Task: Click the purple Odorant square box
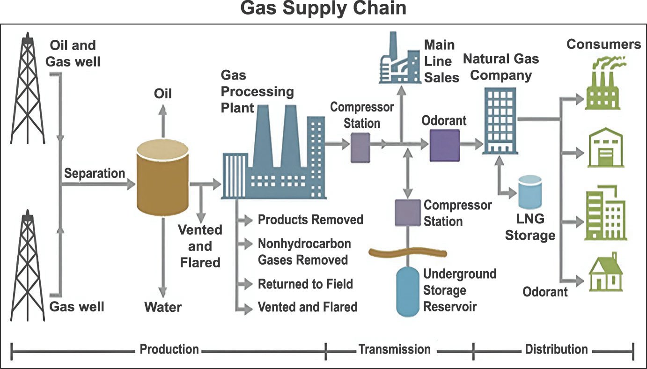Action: pyautogui.click(x=444, y=146)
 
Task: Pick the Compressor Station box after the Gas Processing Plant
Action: pyautogui.click(x=360, y=147)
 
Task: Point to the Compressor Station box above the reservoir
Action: pyautogui.click(x=407, y=213)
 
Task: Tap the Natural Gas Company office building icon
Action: pyautogui.click(x=500, y=121)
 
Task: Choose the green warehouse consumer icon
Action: pyautogui.click(x=606, y=148)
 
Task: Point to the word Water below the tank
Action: pyautogui.click(x=163, y=307)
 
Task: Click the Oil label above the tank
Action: pyautogui.click(x=163, y=94)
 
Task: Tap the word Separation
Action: pyautogui.click(x=95, y=173)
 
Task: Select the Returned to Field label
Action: pyautogui.click(x=305, y=284)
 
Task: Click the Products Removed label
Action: pyautogui.click(x=310, y=220)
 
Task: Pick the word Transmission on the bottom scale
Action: pyautogui.click(x=394, y=349)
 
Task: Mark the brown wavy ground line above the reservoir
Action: pyautogui.click(x=407, y=253)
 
